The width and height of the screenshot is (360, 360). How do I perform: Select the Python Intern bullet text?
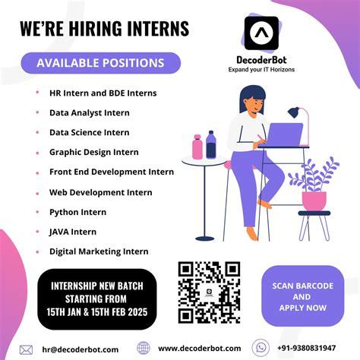[x=78, y=212]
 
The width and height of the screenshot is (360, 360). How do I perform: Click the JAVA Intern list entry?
[x=73, y=232]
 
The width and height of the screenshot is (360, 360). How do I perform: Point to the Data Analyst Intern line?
[x=90, y=112]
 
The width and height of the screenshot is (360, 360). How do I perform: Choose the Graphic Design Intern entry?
[x=94, y=152]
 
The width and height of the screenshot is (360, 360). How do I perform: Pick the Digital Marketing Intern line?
[x=99, y=251]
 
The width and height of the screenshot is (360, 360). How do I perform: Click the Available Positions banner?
[x=100, y=63]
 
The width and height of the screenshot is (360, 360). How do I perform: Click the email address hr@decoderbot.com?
[x=81, y=349]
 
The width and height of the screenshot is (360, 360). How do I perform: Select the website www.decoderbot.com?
[x=200, y=349]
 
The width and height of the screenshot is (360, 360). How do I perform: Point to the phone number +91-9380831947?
[x=311, y=349]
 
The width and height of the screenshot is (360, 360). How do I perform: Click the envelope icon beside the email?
[x=27, y=349]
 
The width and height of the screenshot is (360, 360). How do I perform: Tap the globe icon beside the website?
[x=144, y=349]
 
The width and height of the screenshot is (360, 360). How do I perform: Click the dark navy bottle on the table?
[x=211, y=144]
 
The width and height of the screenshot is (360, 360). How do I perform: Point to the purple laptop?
[x=285, y=136]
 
